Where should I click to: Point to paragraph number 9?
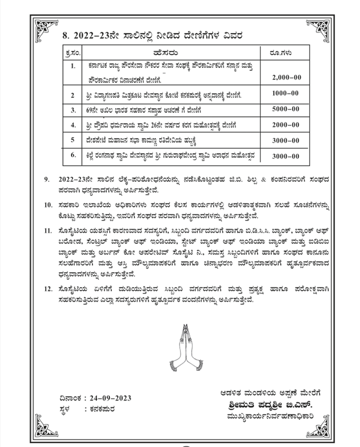coord(48,179)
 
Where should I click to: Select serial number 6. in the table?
coord(73,156)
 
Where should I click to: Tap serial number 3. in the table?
coord(73,109)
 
